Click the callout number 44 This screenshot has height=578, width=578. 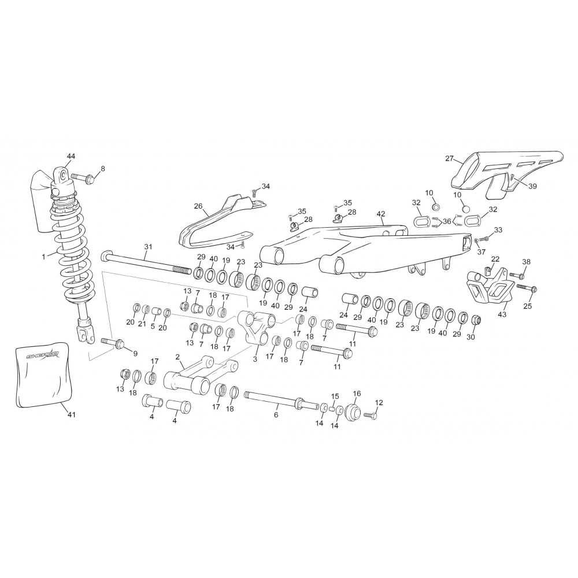[71, 156]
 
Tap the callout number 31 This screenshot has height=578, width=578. [148, 247]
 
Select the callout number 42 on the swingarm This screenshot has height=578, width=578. [381, 214]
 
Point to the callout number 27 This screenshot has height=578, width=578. [449, 158]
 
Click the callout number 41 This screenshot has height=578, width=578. [72, 414]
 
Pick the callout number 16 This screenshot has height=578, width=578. [357, 394]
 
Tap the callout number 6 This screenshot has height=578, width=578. [276, 415]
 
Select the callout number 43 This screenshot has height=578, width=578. [502, 314]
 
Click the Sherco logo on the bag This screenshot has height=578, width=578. [42, 355]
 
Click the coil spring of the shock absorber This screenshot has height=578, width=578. [74, 258]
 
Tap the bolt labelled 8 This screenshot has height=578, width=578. [83, 179]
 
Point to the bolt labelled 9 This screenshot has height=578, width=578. [113, 342]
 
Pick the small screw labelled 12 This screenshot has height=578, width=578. [370, 415]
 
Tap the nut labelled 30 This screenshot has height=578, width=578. [476, 320]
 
